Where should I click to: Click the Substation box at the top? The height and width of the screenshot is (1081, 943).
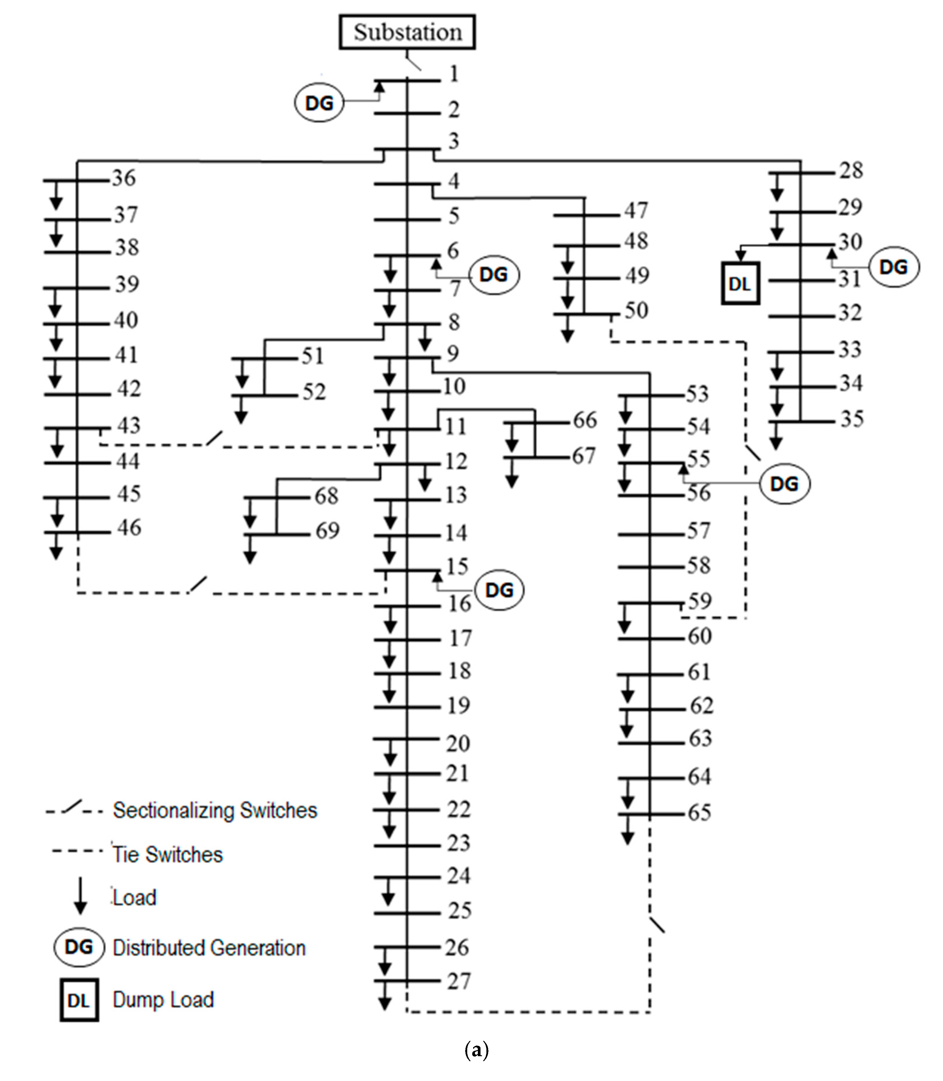tap(407, 32)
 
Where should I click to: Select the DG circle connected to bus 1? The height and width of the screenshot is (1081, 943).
tap(319, 103)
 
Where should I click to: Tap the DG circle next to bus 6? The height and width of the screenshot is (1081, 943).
tap(493, 274)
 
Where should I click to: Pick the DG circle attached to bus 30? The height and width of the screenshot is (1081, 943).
tap(893, 267)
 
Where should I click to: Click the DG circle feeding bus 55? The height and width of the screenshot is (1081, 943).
tap(784, 483)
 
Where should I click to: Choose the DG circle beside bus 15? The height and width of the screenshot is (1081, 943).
tap(499, 590)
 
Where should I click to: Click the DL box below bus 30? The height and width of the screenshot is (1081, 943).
tap(740, 284)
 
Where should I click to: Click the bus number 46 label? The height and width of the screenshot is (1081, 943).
tap(129, 527)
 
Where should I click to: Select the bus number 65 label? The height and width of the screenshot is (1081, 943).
tap(700, 813)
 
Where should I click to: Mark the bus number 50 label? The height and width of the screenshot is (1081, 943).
tap(636, 310)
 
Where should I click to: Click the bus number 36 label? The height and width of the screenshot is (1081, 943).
tap(124, 178)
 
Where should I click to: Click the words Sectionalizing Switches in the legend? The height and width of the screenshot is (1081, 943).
tap(215, 810)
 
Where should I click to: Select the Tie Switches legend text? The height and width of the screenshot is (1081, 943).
tap(167, 854)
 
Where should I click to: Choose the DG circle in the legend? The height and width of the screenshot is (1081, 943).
tap(79, 947)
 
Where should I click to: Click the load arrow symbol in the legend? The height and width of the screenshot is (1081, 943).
tap(80, 895)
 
